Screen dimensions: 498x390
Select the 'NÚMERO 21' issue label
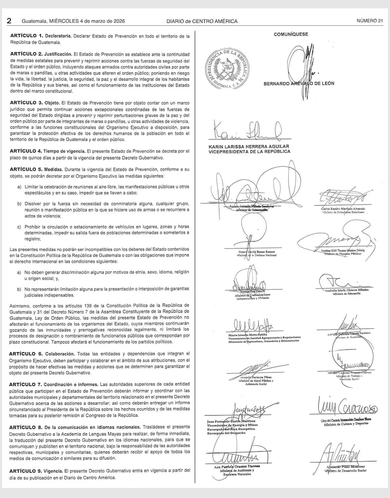[370, 21]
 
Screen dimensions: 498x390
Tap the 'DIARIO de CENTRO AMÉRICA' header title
[202, 21]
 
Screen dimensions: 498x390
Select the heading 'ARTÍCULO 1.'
[27, 37]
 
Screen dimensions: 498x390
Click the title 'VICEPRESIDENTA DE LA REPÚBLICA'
[249, 152]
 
